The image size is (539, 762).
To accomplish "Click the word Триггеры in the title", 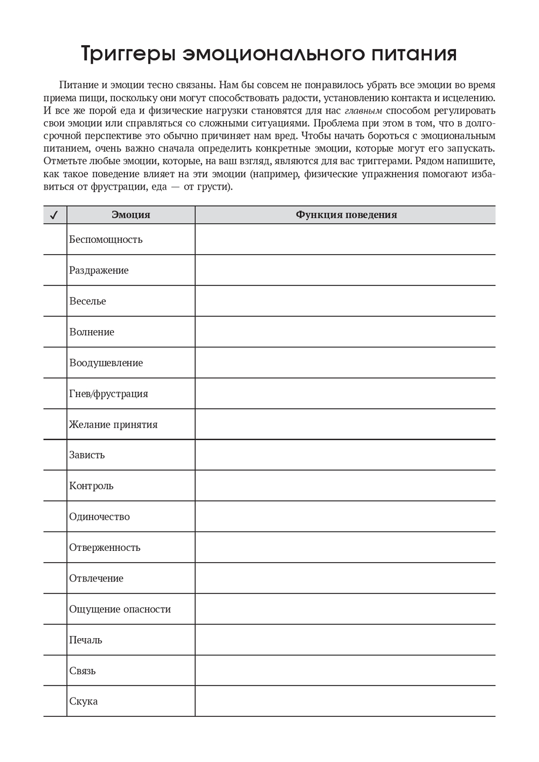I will coord(128,54).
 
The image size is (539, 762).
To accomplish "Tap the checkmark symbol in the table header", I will coord(54,215).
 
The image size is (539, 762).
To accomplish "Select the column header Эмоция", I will coord(130,215).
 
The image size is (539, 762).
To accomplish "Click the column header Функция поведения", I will coord(345,215).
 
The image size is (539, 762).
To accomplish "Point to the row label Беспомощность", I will coord(106,240).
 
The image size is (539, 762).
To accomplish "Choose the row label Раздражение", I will coord(99,270).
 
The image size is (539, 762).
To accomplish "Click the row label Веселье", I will coord(87,301).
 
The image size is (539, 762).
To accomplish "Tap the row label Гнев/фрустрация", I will coord(108,394).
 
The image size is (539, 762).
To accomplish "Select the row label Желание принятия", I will coord(113,424).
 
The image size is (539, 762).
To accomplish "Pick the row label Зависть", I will coord(87,455).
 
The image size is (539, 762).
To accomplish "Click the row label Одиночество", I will coord(99,516).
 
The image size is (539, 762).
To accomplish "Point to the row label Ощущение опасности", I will coord(120,609).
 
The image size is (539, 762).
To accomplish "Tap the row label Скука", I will coord(84,701).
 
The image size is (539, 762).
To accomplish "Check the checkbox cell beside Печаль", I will coord(55,640).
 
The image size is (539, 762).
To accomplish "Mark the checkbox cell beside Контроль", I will coord(55,486).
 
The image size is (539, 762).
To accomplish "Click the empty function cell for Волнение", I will coord(345,332).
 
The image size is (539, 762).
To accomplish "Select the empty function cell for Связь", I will coord(345,670).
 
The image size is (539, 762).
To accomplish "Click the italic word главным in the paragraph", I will coord(363,111).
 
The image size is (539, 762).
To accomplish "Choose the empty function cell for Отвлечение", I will coord(345,578).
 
